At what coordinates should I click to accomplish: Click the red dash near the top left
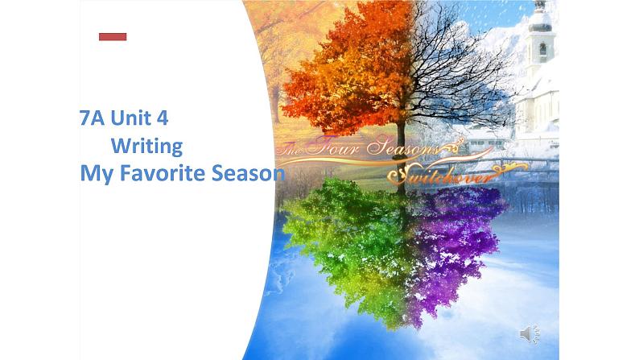pyautogui.click(x=113, y=36)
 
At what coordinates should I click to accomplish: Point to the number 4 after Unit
pyautogui.click(x=163, y=118)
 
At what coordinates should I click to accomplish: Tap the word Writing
pyautogui.click(x=146, y=146)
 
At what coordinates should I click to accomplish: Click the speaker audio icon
pyautogui.click(x=530, y=333)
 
